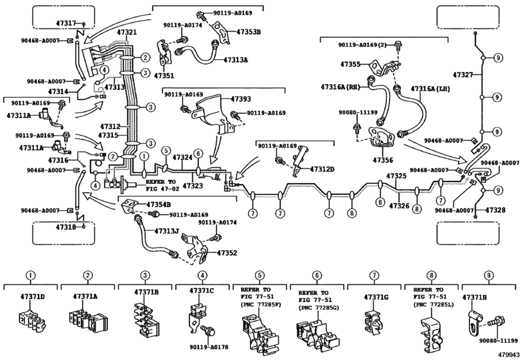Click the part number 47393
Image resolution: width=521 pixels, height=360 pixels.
(x=241, y=99)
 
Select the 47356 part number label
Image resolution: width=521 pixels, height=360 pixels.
(x=383, y=160)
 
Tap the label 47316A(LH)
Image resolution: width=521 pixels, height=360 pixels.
(x=430, y=89)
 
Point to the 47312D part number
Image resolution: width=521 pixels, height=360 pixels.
(x=322, y=169)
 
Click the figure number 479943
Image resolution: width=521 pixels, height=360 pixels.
(x=508, y=354)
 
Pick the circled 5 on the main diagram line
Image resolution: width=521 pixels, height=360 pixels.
(x=166, y=150)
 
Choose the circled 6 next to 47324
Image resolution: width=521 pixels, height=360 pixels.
(x=198, y=153)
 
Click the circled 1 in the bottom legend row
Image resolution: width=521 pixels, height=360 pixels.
(x=31, y=276)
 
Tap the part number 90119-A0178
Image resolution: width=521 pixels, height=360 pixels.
(x=209, y=347)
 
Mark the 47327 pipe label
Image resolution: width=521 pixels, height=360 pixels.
(x=463, y=75)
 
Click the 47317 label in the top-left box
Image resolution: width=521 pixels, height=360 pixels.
(x=66, y=23)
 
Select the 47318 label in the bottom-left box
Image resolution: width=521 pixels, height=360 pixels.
(x=66, y=227)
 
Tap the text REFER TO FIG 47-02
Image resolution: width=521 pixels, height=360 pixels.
(x=161, y=186)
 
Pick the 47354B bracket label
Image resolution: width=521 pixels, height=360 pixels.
(x=159, y=204)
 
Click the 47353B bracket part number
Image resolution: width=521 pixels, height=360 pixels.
(x=249, y=32)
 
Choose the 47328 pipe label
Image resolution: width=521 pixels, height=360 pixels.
(x=495, y=210)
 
